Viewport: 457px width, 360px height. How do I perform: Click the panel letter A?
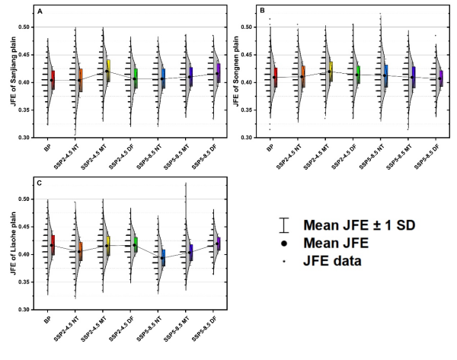(x=40, y=13)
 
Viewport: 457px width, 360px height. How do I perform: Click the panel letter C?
(x=40, y=186)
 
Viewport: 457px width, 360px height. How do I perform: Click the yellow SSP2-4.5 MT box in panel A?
(x=109, y=70)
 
